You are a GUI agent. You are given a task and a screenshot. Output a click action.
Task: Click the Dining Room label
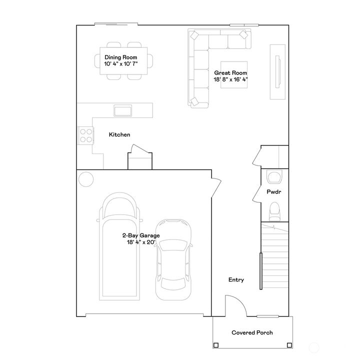[x=120, y=57]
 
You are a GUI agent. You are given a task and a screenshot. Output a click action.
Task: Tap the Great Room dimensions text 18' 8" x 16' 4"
[x=231, y=79]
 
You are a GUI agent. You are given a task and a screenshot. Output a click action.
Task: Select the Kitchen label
[x=119, y=134]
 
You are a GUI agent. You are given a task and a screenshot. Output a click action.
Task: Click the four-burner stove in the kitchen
[x=85, y=135]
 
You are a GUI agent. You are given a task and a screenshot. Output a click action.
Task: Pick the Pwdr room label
[x=273, y=191]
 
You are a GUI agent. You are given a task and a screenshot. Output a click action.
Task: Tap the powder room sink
[x=274, y=176]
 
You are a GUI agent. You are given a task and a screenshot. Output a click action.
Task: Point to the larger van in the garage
[x=119, y=245]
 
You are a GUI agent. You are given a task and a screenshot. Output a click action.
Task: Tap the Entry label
[x=236, y=280]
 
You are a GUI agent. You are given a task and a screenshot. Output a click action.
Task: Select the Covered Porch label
[x=252, y=332]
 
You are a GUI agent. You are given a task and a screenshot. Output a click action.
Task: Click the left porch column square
[x=215, y=345]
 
